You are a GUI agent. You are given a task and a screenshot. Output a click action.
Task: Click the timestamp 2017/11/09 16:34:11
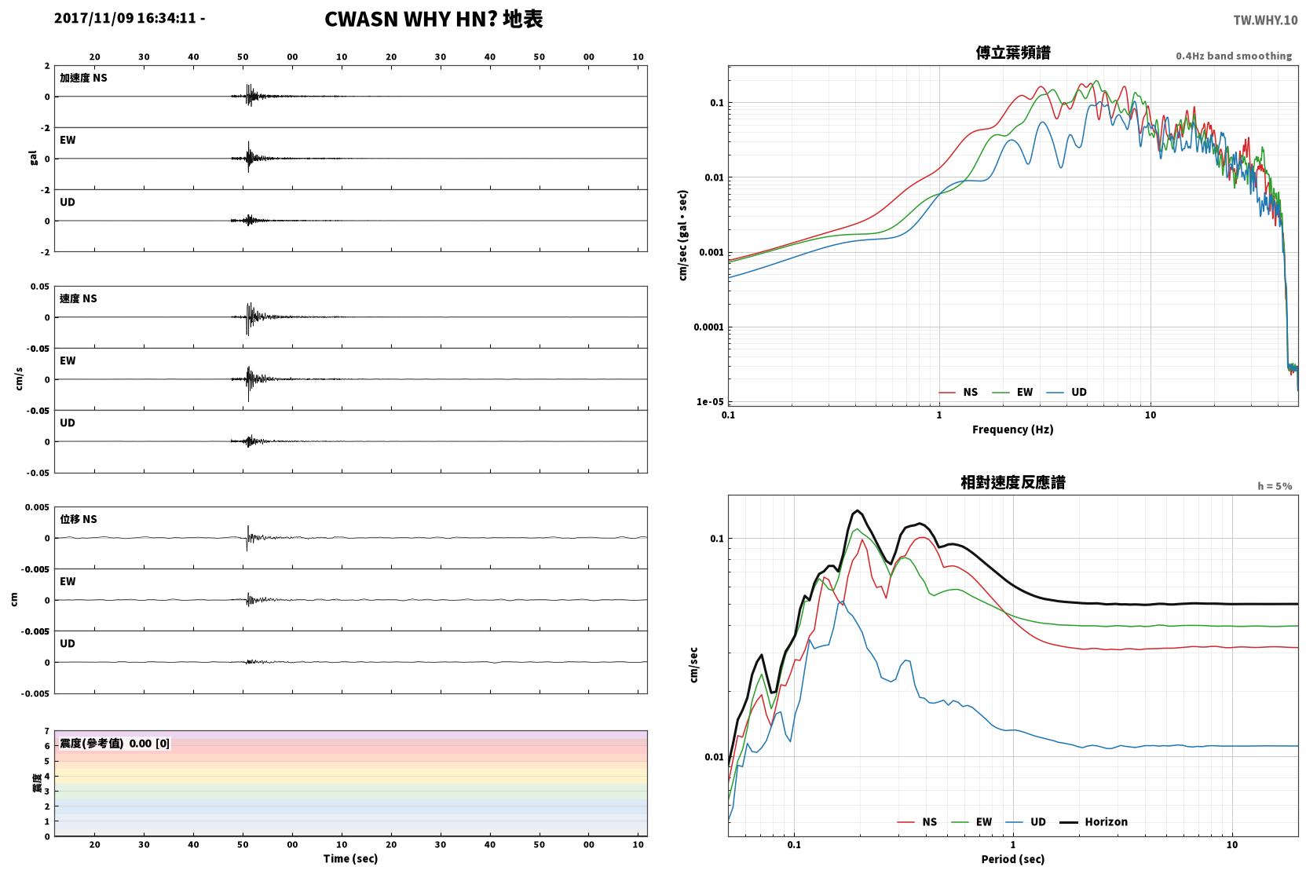click(126, 18)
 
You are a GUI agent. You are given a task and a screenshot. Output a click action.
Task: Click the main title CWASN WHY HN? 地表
click(434, 20)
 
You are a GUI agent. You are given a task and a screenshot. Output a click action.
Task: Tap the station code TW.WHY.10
click(1265, 20)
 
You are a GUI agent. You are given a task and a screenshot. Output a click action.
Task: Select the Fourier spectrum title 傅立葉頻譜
click(1013, 53)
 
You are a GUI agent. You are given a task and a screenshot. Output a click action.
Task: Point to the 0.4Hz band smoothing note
click(1234, 56)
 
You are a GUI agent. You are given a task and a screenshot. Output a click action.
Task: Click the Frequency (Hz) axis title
click(1013, 430)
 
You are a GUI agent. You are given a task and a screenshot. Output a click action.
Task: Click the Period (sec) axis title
click(1013, 859)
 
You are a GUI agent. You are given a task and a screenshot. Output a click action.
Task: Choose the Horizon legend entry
click(1093, 821)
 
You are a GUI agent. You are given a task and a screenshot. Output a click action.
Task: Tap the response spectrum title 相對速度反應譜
click(1013, 482)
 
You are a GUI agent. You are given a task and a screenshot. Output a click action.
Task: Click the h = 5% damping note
click(1275, 485)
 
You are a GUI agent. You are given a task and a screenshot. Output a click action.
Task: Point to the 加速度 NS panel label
click(83, 78)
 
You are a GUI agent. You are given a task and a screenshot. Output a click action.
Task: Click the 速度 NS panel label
click(78, 298)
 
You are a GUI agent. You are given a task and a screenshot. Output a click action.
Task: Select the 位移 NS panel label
click(78, 519)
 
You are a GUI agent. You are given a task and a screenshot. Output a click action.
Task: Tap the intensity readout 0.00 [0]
click(149, 744)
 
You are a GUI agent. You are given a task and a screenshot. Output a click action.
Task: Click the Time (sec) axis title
click(350, 858)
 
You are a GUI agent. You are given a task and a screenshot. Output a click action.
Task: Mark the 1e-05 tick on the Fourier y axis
click(710, 402)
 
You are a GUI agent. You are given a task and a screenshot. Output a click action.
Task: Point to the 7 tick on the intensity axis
click(47, 731)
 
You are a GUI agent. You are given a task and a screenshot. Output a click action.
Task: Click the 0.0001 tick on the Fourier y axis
click(708, 327)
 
